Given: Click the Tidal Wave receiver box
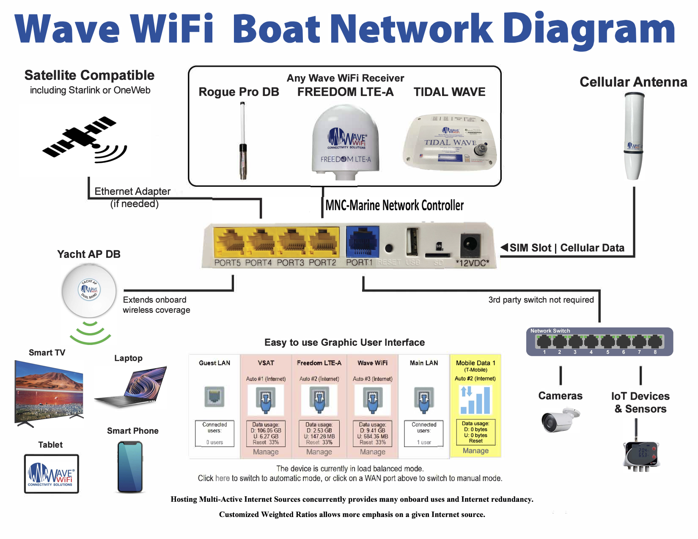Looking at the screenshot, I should [450, 143].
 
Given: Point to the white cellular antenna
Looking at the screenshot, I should [634, 135].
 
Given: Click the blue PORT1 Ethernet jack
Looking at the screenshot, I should [362, 242].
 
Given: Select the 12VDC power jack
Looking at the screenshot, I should [470, 244].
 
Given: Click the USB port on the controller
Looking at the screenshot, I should [412, 242].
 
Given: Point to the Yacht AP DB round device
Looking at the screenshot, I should [89, 291].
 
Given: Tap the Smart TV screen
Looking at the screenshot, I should [49, 391].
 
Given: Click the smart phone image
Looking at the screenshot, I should [130, 467].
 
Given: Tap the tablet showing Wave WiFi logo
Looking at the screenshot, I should [52, 473].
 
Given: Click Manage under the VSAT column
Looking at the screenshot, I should [266, 452].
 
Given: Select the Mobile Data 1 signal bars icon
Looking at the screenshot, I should [475, 400].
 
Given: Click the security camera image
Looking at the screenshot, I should [559, 420].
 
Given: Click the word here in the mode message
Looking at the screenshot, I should [223, 478].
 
